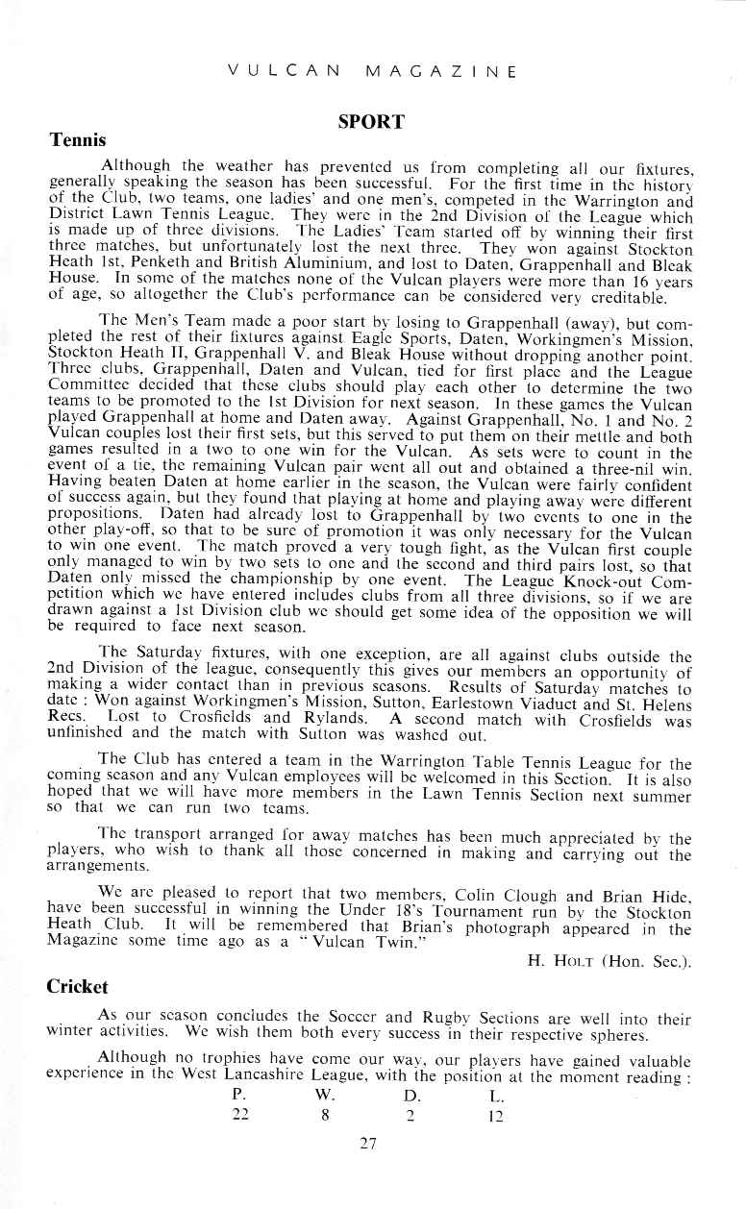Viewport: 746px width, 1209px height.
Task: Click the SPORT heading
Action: pos(370,122)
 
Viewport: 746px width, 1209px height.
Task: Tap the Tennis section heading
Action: pos(78,140)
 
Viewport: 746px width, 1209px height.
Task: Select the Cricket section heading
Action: pos(78,987)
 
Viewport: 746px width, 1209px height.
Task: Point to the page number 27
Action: pos(370,1144)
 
